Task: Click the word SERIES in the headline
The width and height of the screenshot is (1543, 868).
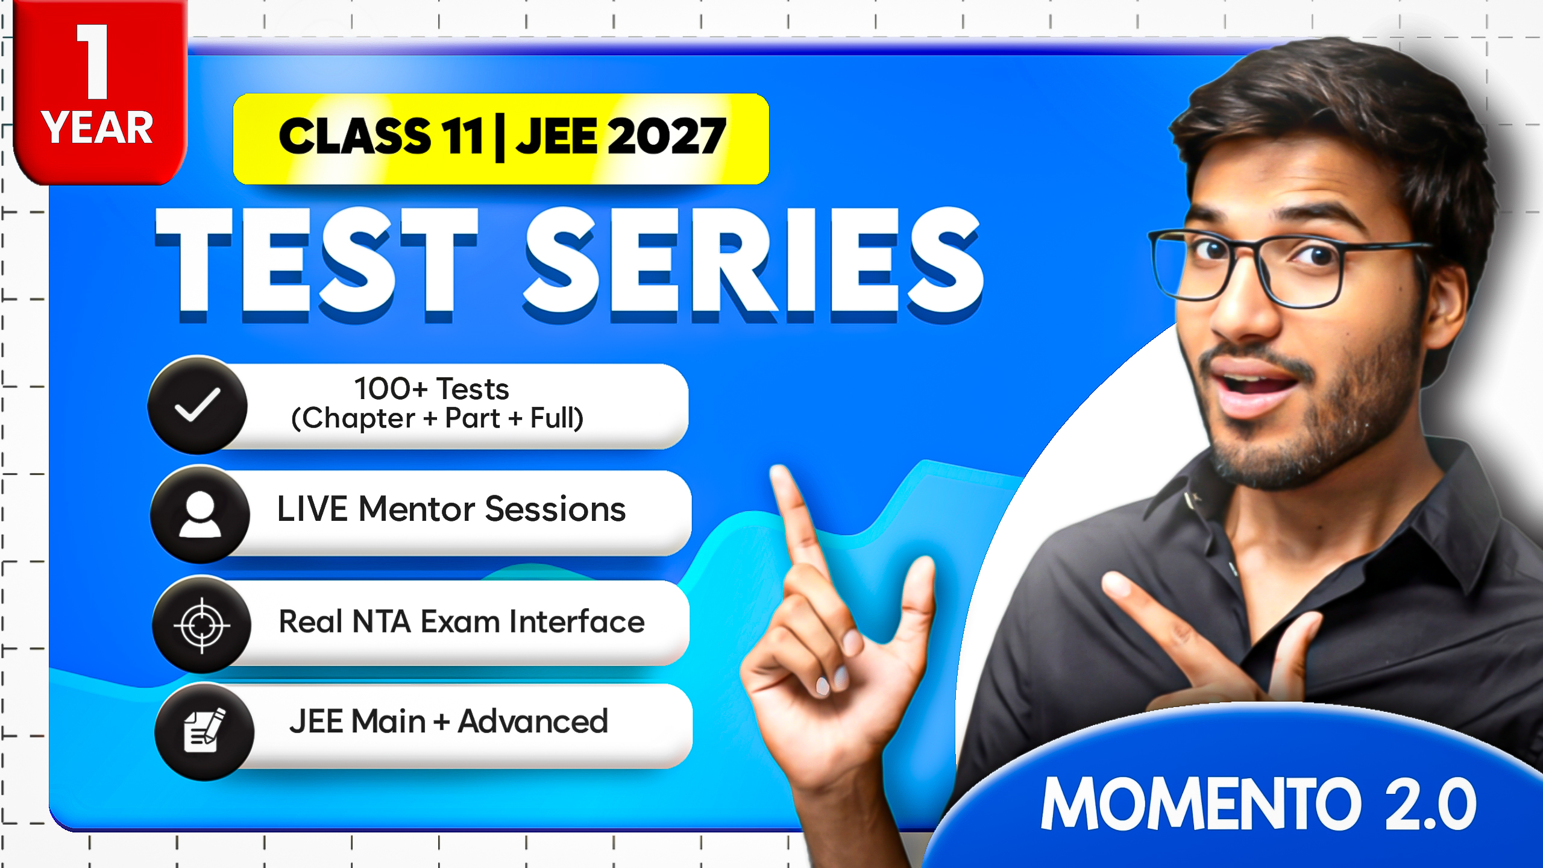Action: [x=753, y=262]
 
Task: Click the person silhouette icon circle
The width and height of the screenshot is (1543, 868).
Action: [x=200, y=514]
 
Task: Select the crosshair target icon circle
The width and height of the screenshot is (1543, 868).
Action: [x=202, y=625]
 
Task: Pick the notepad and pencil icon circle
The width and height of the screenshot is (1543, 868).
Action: [x=204, y=731]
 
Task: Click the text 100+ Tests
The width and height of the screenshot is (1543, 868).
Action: [x=432, y=389]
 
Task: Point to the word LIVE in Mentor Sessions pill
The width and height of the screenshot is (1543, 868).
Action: [x=312, y=509]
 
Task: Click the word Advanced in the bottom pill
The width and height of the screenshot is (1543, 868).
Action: [x=533, y=722]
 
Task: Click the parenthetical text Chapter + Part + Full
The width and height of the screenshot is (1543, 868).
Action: [x=437, y=418]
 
